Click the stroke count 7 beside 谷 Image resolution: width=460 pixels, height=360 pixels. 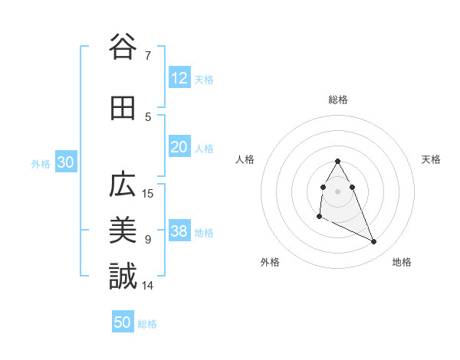147,55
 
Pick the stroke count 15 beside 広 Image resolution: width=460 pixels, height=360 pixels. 149,194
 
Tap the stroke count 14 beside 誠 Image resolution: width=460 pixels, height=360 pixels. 149,286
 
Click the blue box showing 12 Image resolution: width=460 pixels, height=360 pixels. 179,78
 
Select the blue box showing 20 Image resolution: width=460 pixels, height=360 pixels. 179,147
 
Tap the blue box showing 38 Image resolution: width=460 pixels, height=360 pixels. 179,231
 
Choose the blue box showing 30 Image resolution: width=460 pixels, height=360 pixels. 66,162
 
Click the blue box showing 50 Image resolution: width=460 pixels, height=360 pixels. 123,322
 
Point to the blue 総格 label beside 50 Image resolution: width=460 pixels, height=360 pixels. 147,324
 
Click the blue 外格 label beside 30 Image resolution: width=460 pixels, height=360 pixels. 41,164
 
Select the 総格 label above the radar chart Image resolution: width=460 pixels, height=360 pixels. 338,100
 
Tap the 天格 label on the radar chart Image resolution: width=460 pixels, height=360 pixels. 432,159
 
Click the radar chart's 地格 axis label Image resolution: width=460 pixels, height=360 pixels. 402,262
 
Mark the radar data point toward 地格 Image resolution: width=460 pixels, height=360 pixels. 374,242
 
